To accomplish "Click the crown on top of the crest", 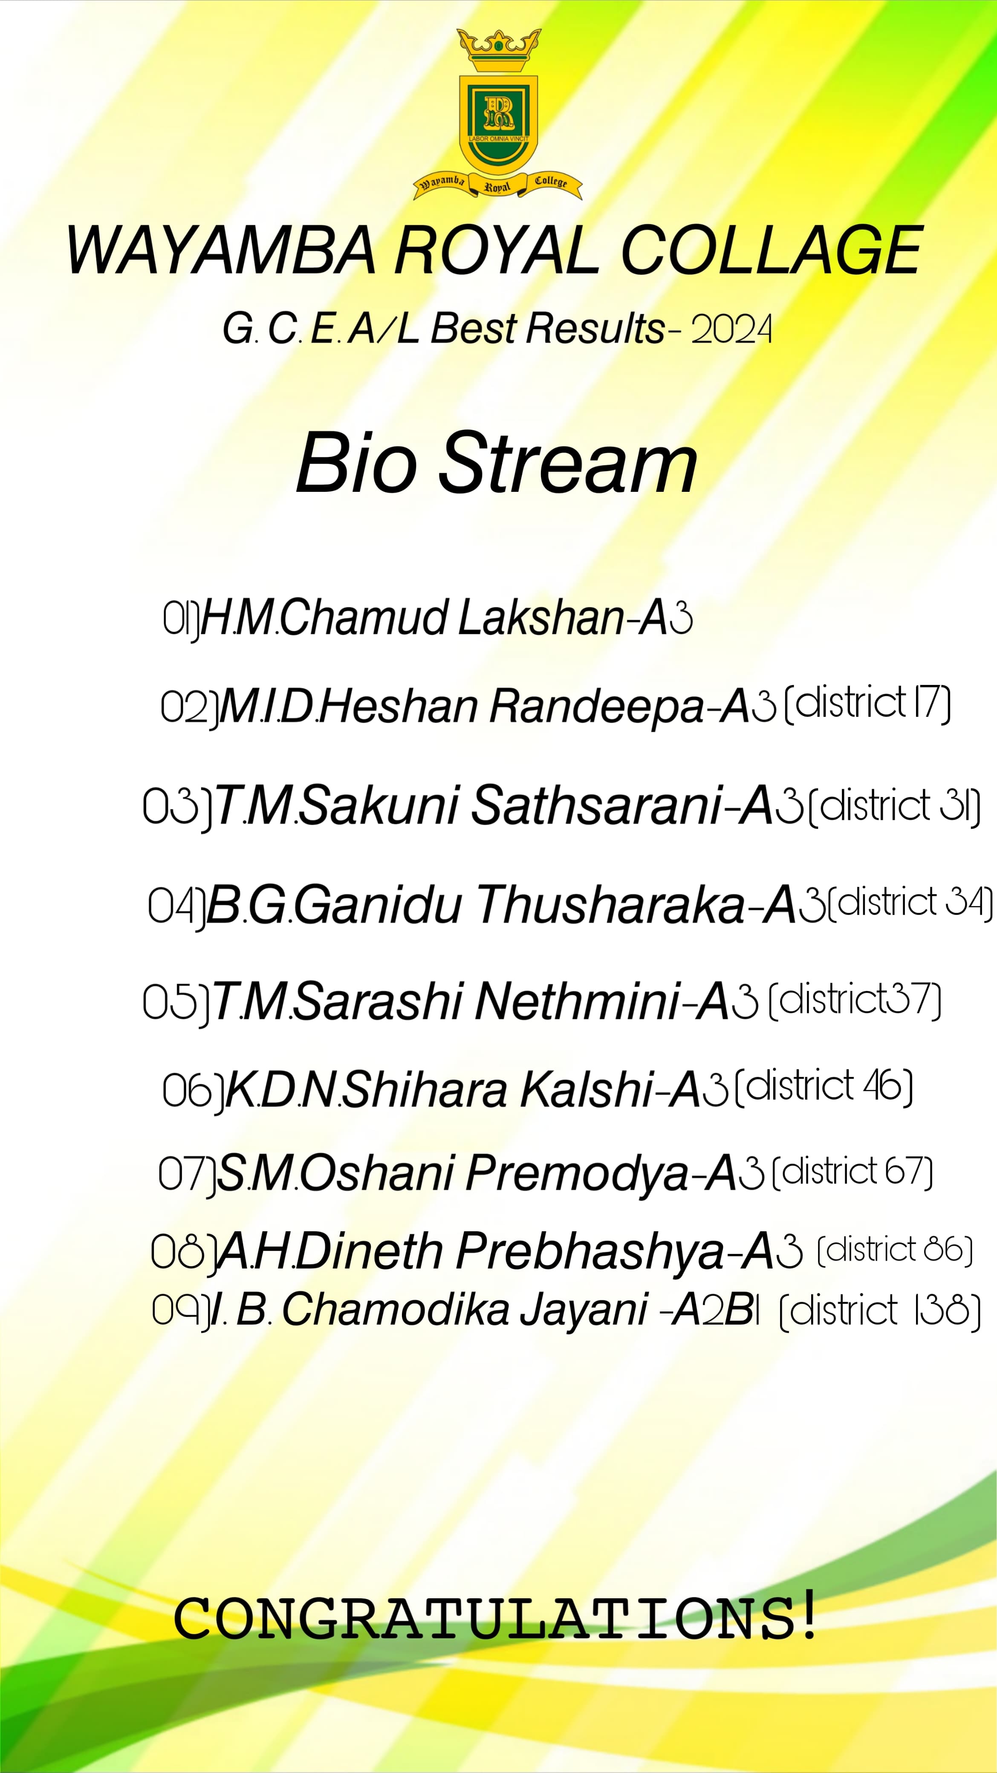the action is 499,50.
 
